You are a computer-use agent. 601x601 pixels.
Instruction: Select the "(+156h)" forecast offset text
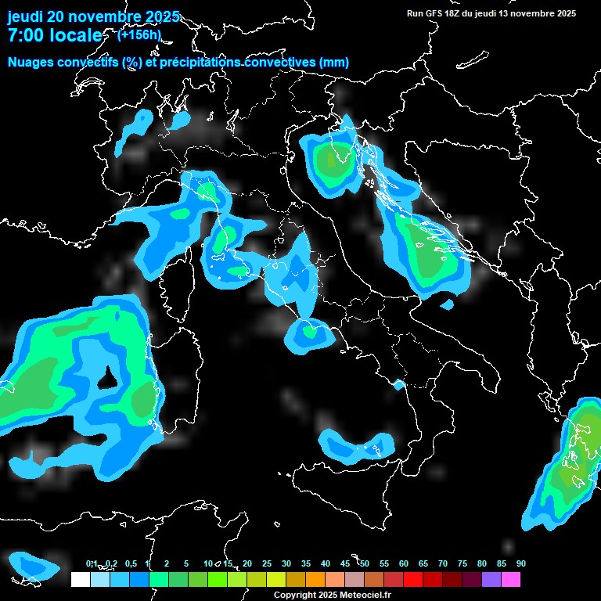(139, 34)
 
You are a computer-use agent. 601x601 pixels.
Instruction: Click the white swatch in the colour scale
(80, 580)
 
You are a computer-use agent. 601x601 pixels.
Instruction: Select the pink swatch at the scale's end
(511, 580)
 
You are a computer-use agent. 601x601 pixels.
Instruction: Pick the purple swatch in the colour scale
(491, 580)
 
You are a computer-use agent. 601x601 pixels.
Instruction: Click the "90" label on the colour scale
(521, 564)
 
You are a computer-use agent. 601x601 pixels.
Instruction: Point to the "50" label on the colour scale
(365, 564)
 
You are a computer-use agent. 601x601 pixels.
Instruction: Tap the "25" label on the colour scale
(267, 564)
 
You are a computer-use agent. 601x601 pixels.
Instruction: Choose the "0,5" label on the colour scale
(130, 564)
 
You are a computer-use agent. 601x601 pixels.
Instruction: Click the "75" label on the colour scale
(462, 564)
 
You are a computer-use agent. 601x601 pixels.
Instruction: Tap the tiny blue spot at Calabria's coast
(399, 384)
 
